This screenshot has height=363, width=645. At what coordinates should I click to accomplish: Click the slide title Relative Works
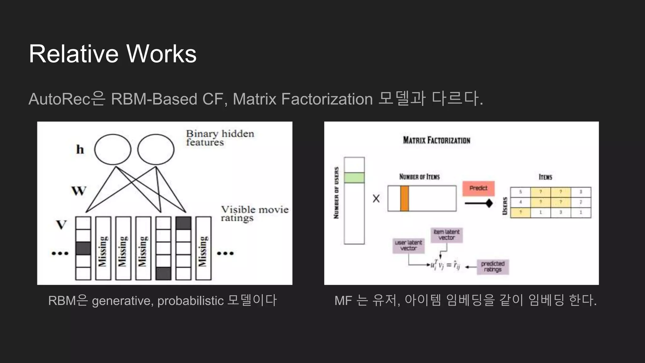click(112, 54)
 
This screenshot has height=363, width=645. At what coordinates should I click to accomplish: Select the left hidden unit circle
click(112, 149)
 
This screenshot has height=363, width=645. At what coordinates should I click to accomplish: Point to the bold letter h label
click(80, 149)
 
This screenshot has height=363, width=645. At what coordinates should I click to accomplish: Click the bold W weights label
click(78, 191)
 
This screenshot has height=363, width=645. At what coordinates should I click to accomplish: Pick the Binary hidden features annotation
click(220, 138)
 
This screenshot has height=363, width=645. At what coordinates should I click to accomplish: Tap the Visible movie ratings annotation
click(254, 214)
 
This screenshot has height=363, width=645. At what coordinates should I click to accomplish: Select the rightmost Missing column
click(203, 248)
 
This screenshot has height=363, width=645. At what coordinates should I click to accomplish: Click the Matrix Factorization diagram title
click(437, 140)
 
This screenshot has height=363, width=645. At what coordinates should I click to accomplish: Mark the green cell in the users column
click(354, 178)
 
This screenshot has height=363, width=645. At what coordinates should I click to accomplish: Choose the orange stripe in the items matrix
click(404, 199)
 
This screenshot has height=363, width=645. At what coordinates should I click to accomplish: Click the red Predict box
click(478, 188)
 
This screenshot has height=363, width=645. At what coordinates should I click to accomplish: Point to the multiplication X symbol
click(376, 199)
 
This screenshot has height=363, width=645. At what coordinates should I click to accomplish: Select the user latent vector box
click(408, 245)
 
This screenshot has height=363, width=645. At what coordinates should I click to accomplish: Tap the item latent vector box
click(446, 235)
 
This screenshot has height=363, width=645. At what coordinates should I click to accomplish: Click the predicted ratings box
click(493, 267)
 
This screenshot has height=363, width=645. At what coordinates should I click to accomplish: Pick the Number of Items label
click(419, 177)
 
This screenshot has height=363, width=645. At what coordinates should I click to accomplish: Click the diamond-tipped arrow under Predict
click(478, 203)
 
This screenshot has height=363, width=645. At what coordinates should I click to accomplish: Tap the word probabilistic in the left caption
click(190, 301)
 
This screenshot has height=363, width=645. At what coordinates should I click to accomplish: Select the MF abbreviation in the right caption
click(343, 301)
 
